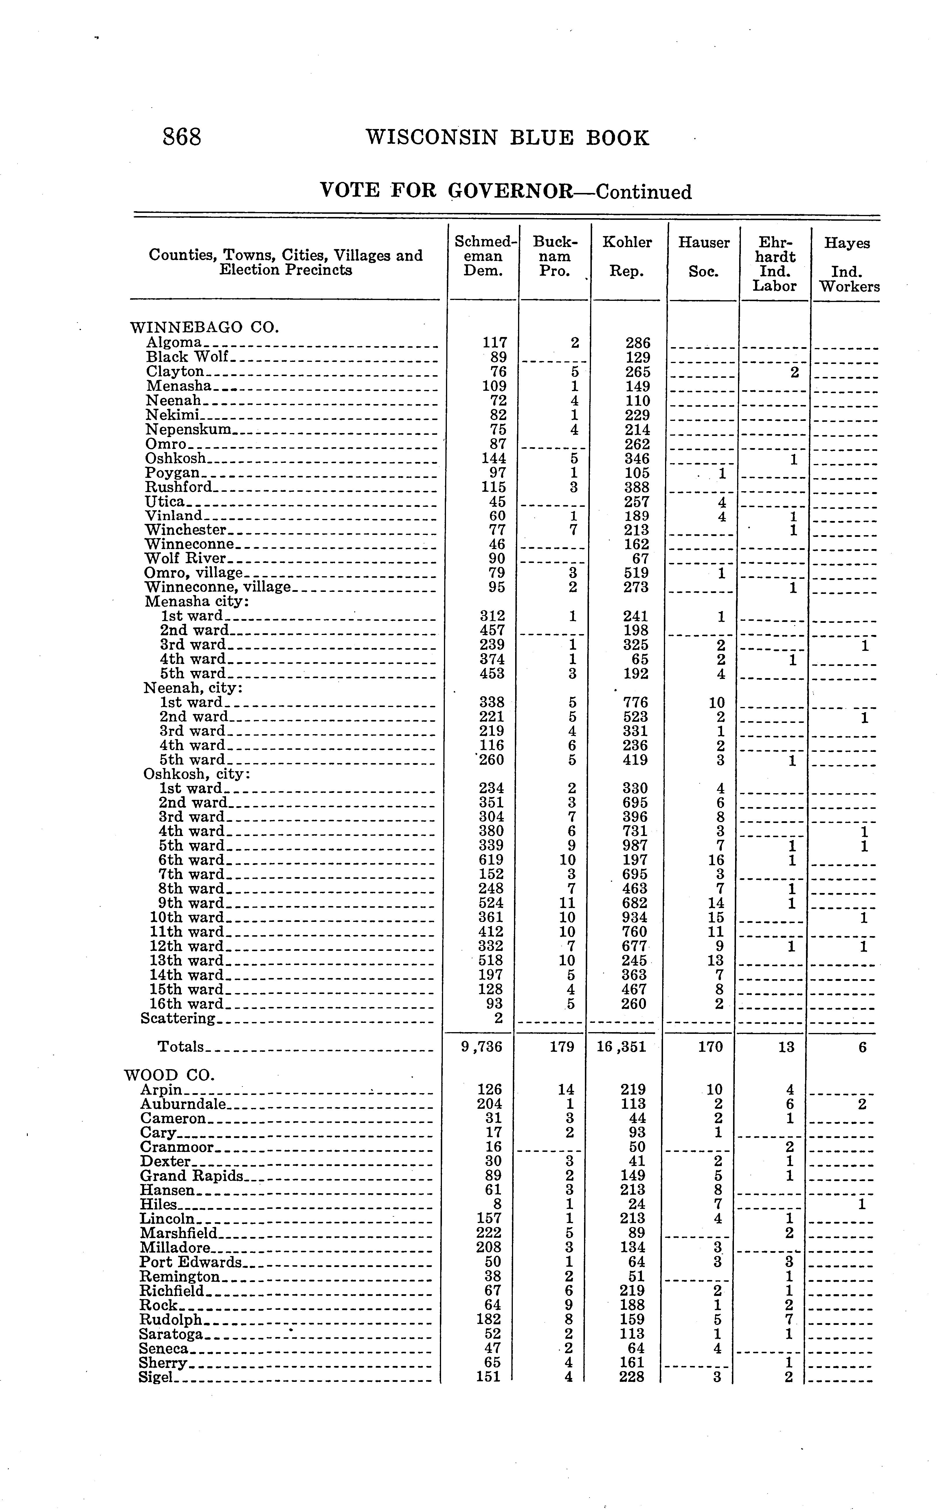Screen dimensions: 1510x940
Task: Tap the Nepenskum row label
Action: pos(188,429)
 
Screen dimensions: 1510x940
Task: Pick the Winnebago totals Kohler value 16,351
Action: pos(622,1047)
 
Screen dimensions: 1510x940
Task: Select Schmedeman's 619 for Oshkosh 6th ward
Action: pos(491,860)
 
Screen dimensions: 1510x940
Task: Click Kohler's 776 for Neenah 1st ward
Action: pos(635,702)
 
